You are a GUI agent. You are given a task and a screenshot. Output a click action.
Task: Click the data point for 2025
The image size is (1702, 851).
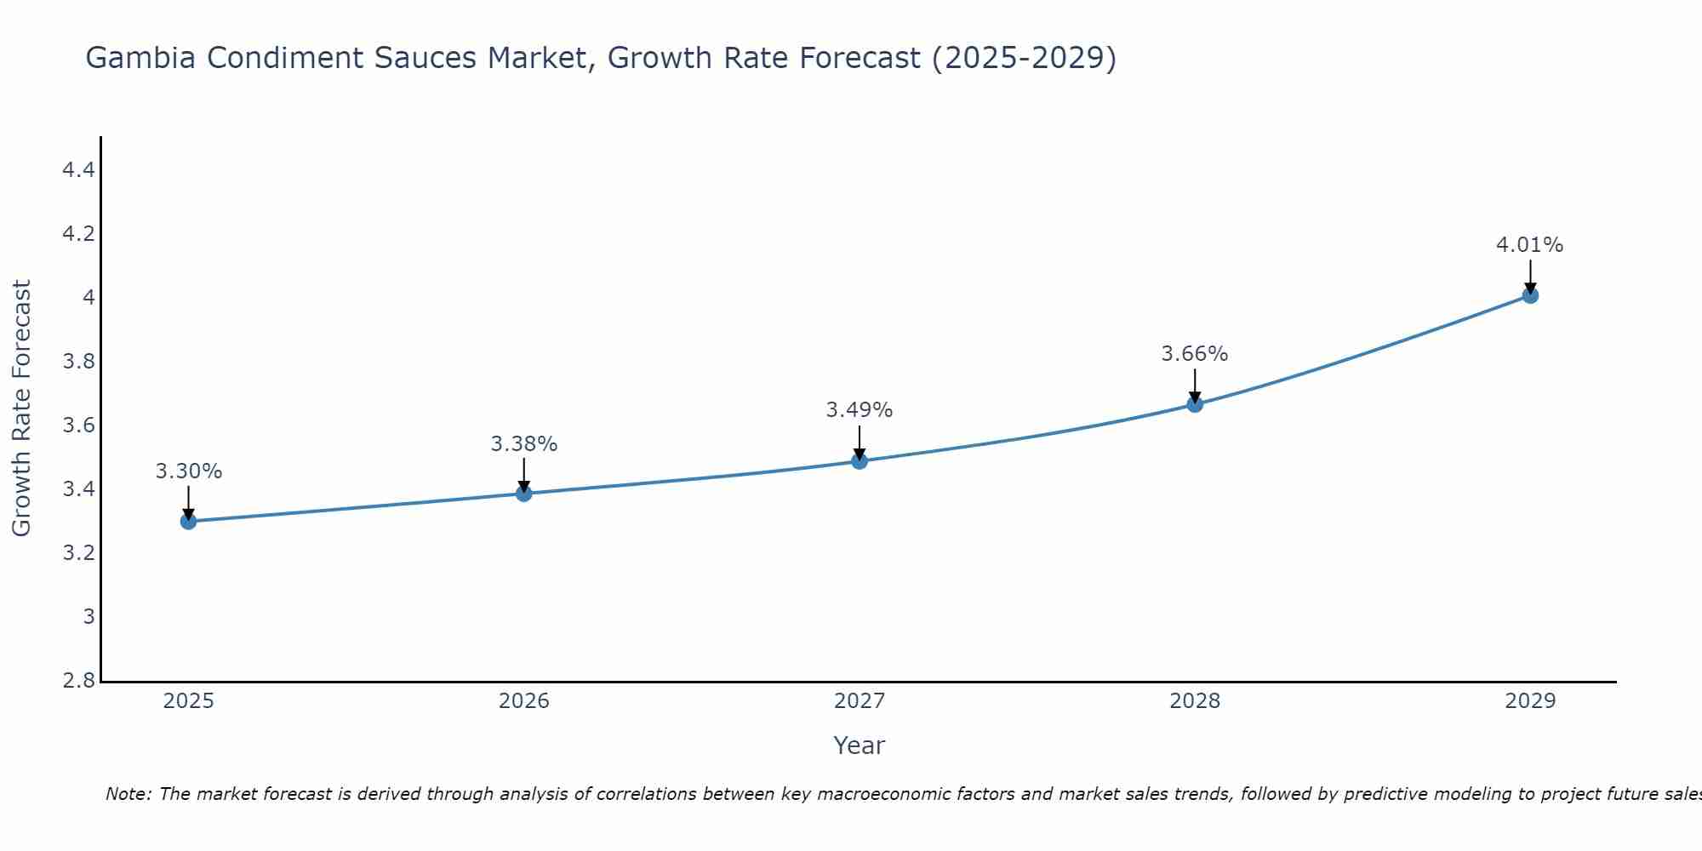point(188,521)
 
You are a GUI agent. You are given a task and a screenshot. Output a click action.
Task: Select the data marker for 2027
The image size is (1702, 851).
point(860,461)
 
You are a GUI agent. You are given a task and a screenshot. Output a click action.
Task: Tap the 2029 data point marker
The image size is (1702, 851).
point(1530,295)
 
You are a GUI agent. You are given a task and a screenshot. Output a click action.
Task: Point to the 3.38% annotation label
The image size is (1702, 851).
point(524,444)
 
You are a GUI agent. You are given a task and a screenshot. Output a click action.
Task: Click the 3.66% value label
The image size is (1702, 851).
point(1195,354)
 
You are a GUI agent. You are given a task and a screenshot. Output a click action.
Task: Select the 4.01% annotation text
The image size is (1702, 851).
point(1530,245)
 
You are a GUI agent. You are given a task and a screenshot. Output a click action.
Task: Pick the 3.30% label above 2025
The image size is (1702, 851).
point(188,471)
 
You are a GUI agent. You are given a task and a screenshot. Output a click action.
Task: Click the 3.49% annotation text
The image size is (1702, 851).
point(860,410)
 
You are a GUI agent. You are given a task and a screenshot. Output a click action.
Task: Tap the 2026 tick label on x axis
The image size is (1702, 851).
point(524,701)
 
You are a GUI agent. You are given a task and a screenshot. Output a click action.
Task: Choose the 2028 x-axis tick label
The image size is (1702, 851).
point(1195,701)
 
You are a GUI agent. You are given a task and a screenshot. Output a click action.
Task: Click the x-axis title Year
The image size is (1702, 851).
point(860,745)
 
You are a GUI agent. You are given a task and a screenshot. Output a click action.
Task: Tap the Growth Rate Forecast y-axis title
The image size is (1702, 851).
point(21,408)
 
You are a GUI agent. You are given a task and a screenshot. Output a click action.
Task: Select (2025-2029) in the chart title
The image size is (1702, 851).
point(1024,58)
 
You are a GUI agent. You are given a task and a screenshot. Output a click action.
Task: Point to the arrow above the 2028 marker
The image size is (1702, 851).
point(1195,385)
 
